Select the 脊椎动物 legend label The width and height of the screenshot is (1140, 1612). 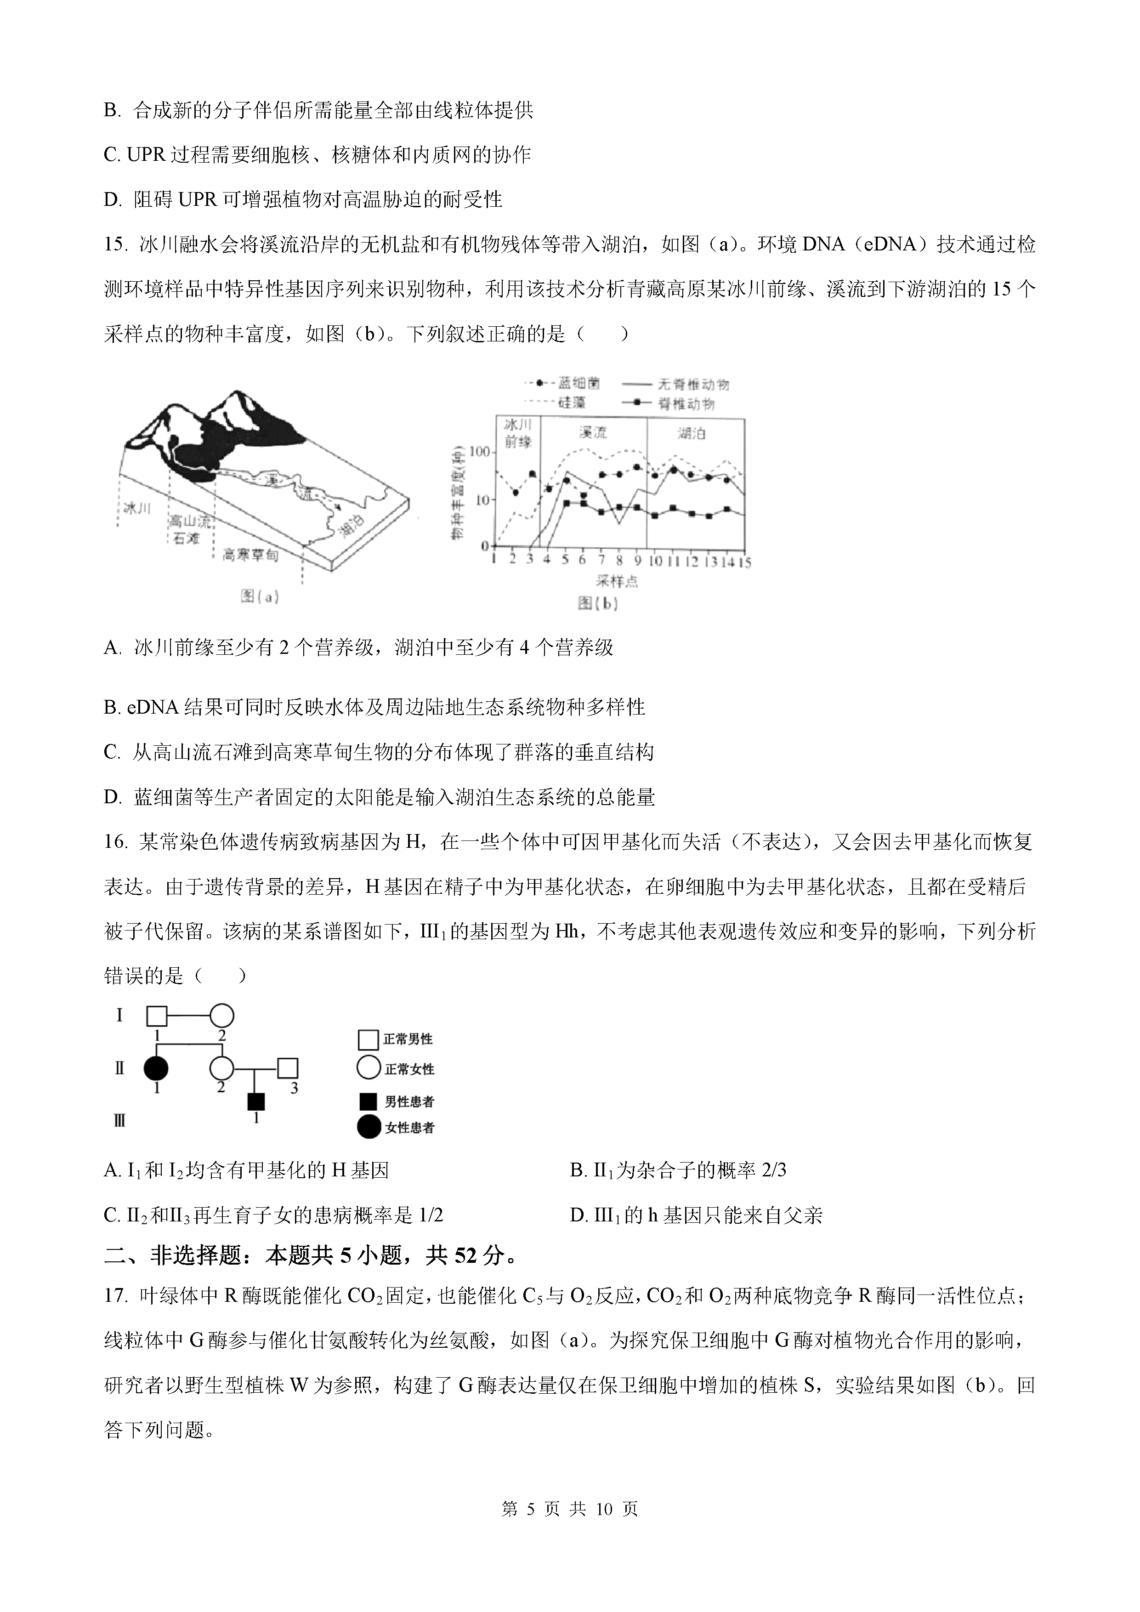[x=686, y=404]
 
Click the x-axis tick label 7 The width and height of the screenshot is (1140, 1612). [x=601, y=560]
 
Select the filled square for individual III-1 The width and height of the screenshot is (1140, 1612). [x=256, y=1101]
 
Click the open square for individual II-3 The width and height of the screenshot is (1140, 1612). [x=288, y=1068]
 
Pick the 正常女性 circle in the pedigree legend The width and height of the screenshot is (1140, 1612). [x=368, y=1068]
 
